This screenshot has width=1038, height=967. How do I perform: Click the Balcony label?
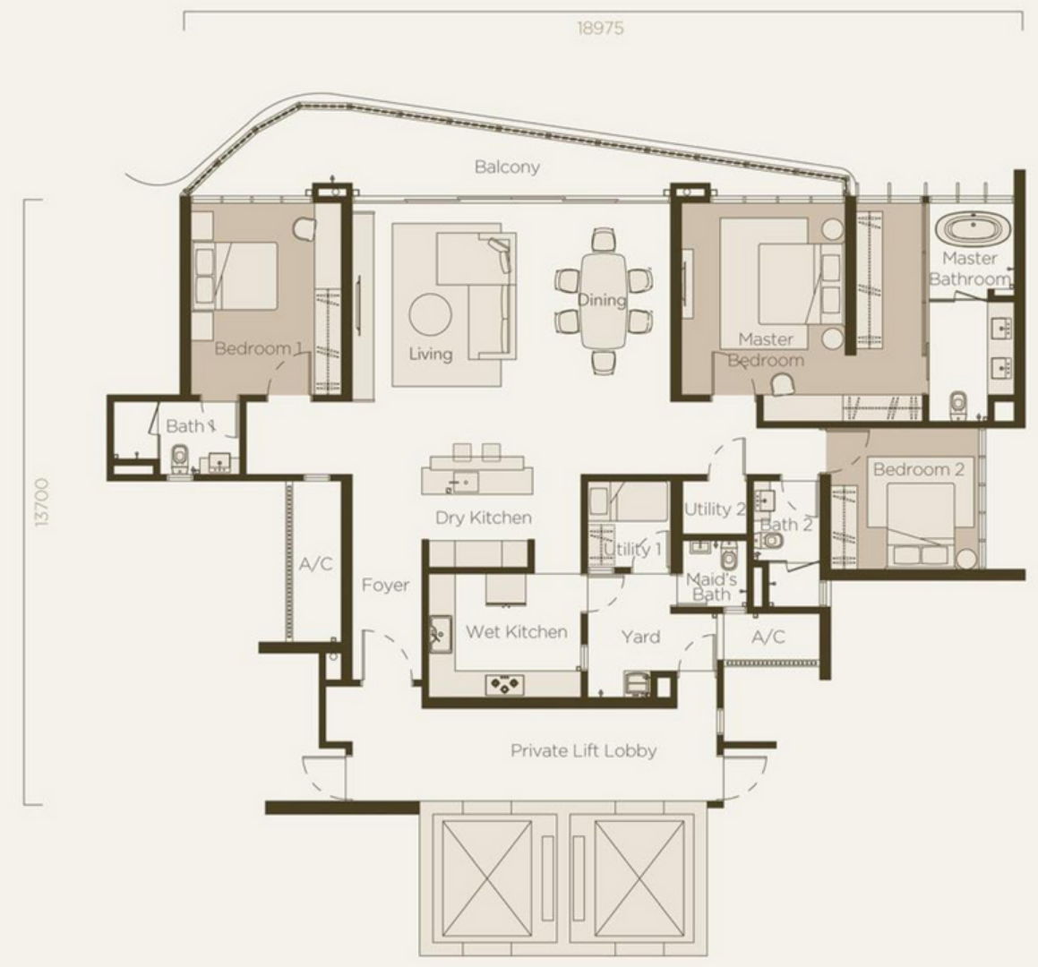[507, 167]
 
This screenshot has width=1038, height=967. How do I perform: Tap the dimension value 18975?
[600, 29]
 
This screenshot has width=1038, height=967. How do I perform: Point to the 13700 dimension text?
[44, 502]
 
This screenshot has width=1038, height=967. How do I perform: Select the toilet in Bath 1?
[180, 458]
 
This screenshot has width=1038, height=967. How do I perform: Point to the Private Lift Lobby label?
[584, 750]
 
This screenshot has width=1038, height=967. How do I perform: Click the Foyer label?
[385, 585]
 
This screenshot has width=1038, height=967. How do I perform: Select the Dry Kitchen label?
[484, 518]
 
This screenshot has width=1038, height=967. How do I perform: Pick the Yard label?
[640, 637]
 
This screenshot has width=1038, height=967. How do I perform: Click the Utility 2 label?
[715, 509]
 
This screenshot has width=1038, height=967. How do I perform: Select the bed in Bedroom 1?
[236, 276]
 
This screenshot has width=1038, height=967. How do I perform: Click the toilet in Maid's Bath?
[728, 557]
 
